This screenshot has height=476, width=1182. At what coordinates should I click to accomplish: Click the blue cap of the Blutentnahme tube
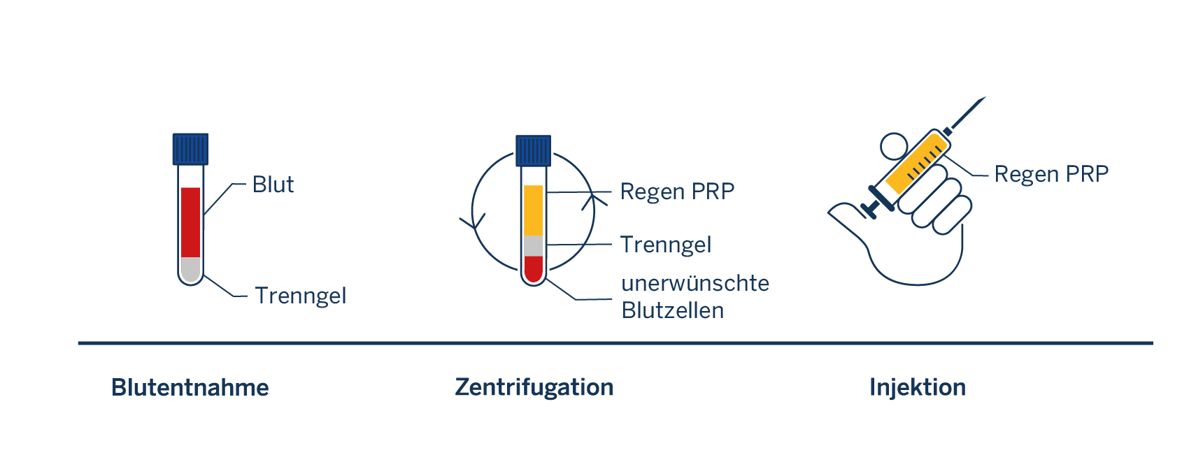(190, 149)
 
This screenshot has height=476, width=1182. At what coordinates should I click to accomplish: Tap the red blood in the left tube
(190, 222)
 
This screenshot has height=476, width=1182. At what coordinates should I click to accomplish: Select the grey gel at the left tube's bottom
(190, 269)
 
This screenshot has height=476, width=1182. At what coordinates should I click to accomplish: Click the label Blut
(273, 185)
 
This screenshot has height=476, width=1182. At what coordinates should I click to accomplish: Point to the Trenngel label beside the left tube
(300, 296)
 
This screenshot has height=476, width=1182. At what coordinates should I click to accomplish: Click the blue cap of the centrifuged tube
(534, 151)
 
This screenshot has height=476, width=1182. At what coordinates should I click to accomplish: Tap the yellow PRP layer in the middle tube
(534, 210)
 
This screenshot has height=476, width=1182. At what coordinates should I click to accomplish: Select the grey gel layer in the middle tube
(534, 245)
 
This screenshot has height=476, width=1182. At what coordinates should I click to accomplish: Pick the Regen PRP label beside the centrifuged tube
(677, 192)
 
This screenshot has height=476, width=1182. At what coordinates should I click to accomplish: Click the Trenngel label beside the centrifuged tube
(665, 245)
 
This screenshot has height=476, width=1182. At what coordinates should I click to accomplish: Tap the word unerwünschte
(695, 284)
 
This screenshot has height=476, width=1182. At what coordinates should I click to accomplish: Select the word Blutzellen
(672, 310)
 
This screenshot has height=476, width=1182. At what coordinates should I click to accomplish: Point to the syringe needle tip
(985, 98)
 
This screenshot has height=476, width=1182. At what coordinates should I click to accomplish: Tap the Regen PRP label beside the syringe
(1051, 174)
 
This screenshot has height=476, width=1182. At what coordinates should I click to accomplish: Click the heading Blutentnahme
(190, 387)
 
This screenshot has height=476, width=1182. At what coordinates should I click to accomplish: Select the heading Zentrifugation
(534, 387)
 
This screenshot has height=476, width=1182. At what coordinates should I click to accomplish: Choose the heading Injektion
(918, 387)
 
